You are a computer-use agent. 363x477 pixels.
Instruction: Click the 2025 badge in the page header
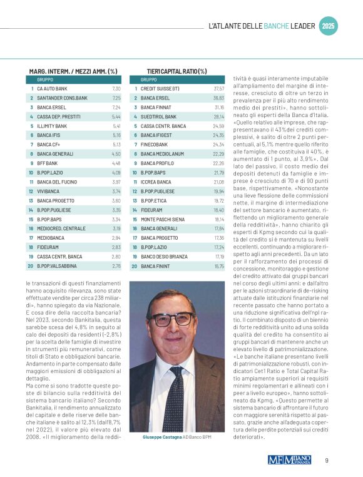point(329,26)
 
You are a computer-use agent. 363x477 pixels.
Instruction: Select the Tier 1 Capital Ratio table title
point(176,71)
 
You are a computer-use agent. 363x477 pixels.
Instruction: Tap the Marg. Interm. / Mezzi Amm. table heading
point(73,71)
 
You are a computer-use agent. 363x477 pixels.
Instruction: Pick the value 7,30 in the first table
point(116,89)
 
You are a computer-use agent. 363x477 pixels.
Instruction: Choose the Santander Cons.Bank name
point(62,98)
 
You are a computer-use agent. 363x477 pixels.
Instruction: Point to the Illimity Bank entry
point(52,126)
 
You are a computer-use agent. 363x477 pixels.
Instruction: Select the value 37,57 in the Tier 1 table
point(218,89)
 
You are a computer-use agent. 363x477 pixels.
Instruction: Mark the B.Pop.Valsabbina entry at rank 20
point(58,265)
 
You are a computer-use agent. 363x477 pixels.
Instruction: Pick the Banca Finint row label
point(156,265)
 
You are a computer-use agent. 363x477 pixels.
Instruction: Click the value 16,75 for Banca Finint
point(218,265)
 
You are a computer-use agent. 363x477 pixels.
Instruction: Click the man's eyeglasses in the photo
point(171,319)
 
